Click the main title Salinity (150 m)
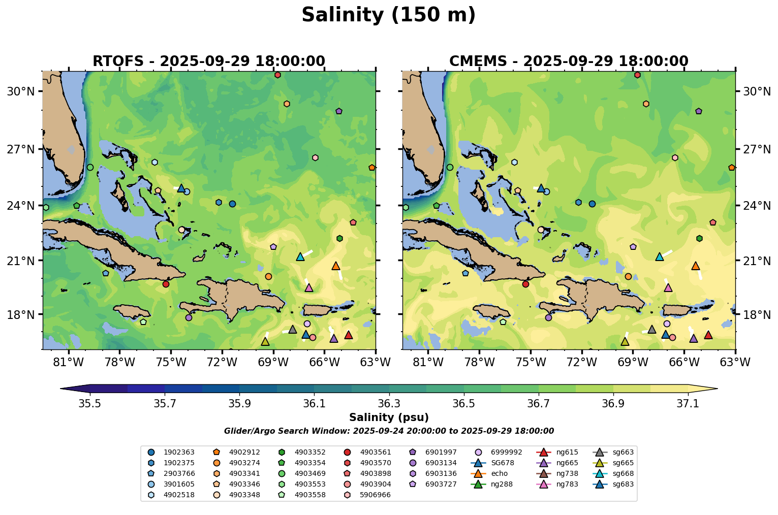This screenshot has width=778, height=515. pyautogui.click(x=388, y=15)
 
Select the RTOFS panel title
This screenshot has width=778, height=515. pyautogui.click(x=208, y=61)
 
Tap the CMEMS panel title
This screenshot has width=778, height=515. pyautogui.click(x=569, y=61)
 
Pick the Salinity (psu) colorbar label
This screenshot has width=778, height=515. pyautogui.click(x=389, y=417)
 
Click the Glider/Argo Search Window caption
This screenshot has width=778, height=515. pyautogui.click(x=389, y=431)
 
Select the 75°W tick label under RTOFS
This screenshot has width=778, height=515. pyautogui.click(x=171, y=362)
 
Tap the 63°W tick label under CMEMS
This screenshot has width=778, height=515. pyautogui.click(x=735, y=362)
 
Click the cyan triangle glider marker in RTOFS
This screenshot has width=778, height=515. pyautogui.click(x=300, y=257)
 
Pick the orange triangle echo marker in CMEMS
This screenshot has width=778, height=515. pyautogui.click(x=695, y=266)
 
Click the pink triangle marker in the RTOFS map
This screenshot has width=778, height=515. pyautogui.click(x=308, y=288)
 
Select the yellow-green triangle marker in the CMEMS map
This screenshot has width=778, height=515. pyautogui.click(x=625, y=341)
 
